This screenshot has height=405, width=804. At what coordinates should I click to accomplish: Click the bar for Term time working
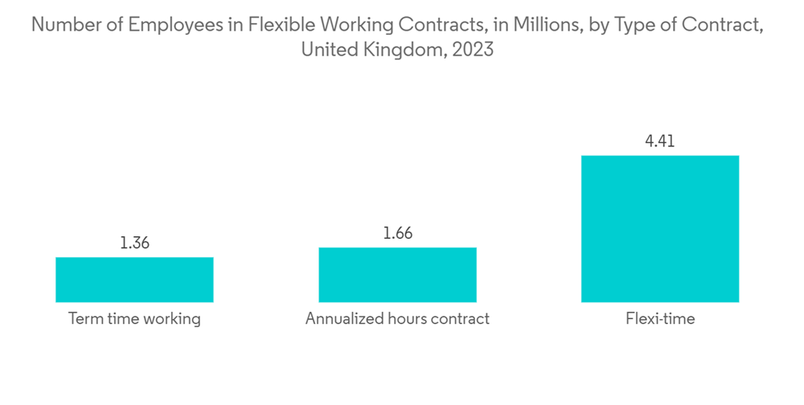134,280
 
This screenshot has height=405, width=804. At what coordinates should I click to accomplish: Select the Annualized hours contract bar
397,275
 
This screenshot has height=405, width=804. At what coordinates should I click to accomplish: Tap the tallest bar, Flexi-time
660,228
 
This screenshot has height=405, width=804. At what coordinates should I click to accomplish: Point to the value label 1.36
134,243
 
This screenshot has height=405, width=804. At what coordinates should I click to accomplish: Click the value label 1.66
397,234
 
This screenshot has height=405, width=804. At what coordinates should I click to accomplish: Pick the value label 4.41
660,141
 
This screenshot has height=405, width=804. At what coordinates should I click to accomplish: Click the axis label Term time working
134,319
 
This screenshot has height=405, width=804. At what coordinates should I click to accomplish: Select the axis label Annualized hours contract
397,319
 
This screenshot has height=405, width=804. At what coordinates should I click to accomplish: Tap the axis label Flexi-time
660,319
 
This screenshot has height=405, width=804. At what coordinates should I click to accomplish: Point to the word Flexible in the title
274,26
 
